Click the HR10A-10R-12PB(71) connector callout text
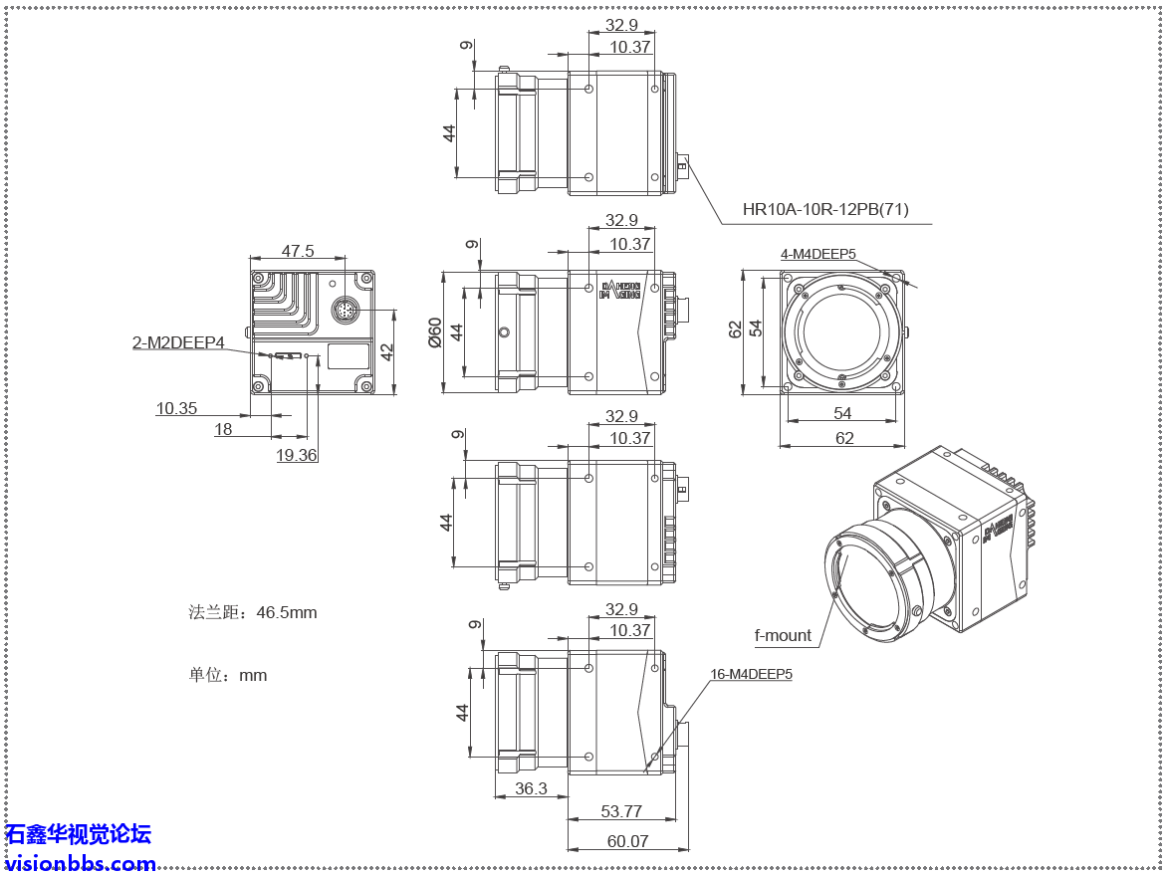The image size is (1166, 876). click(x=825, y=210)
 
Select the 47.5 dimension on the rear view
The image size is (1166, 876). click(x=298, y=252)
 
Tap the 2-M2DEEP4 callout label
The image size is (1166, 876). click(x=179, y=343)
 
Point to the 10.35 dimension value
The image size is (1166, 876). click(x=176, y=408)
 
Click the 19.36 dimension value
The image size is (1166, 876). click(x=296, y=455)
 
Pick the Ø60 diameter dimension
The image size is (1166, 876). click(x=434, y=331)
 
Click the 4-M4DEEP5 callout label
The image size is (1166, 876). click(x=817, y=254)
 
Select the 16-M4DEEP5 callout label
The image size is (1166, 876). click(x=751, y=674)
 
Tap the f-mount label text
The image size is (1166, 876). click(x=783, y=635)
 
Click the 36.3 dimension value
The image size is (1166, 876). click(x=530, y=788)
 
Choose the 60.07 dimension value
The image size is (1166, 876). click(x=627, y=841)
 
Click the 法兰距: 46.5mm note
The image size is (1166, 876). click(x=253, y=612)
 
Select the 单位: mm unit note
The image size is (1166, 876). click(x=228, y=675)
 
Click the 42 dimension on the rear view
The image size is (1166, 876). click(x=387, y=351)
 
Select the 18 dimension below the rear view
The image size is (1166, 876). click(x=223, y=429)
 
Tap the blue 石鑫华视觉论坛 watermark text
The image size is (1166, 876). click(x=78, y=834)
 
